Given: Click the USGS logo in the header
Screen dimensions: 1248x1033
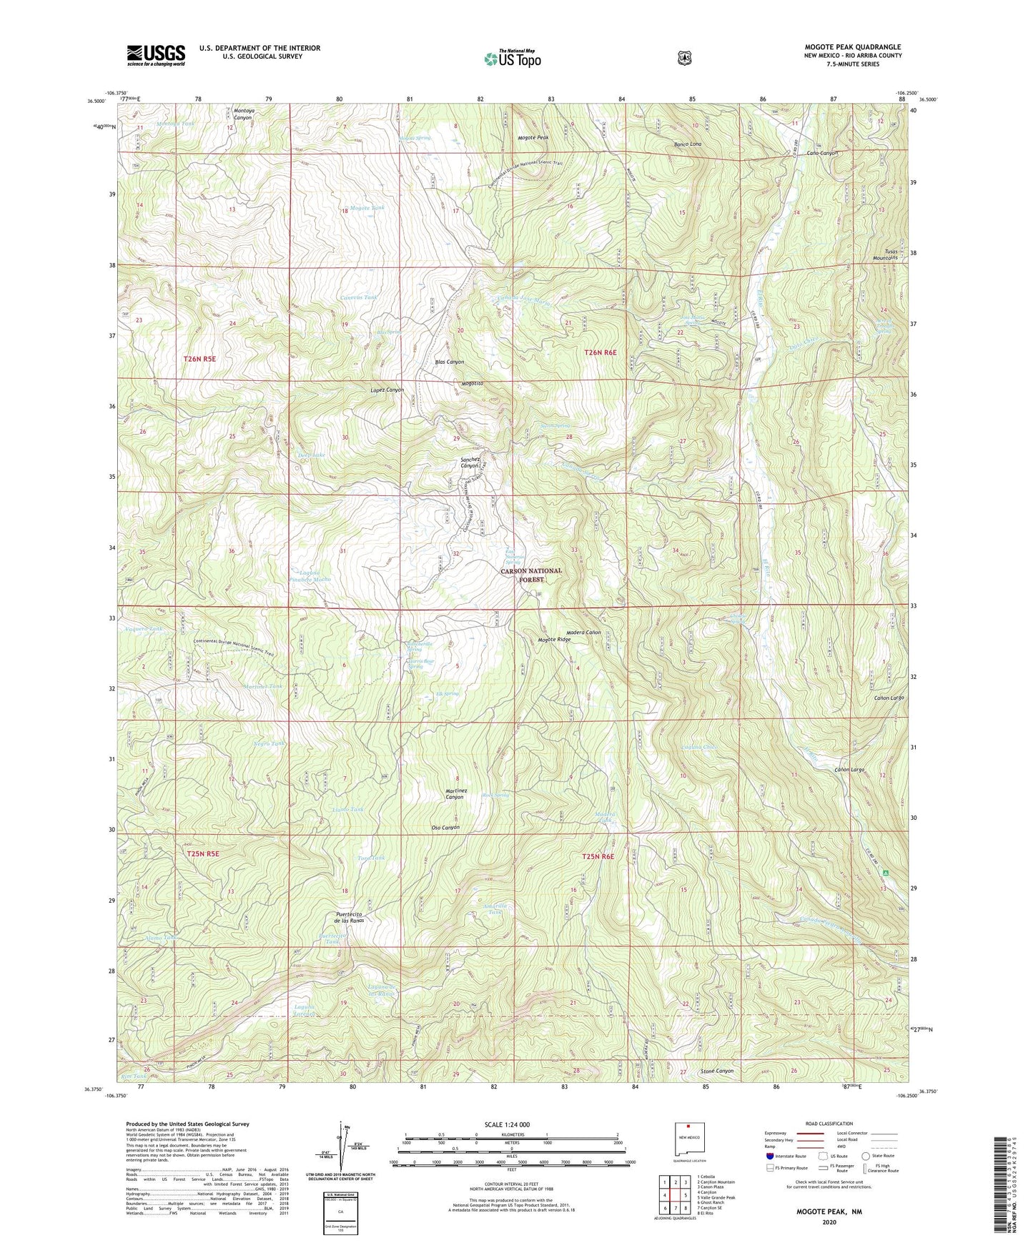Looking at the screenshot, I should [x=156, y=55].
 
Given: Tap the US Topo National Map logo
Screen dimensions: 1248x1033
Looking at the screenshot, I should [x=511, y=59].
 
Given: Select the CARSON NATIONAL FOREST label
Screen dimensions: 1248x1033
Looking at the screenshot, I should [x=530, y=575].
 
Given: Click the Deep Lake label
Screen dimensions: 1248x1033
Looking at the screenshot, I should [x=311, y=455].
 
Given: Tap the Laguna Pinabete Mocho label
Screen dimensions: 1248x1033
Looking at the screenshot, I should [x=310, y=575].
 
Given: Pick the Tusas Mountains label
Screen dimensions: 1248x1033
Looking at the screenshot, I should [x=884, y=254].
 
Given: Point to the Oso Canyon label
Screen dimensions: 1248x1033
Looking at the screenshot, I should [x=445, y=828].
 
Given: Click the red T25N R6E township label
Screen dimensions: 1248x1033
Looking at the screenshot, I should [x=598, y=856].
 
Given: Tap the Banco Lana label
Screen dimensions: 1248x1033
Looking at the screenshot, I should [x=687, y=144].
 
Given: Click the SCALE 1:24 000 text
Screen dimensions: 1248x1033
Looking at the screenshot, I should [x=507, y=1124].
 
